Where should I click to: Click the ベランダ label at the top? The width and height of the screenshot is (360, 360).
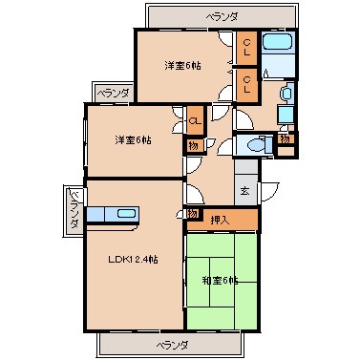coord(223,17)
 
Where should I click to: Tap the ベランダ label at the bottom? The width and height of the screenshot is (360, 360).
coord(174,344)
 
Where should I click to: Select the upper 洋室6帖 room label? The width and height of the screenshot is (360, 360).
coord(181,65)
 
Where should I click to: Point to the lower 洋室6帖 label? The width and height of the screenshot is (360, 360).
coord(133,140)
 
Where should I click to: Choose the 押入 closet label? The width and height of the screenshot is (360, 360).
coord(220,221)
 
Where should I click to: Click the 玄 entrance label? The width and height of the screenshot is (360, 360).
coord(244,190)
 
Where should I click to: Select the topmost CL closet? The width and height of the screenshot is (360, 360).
coord(246,46)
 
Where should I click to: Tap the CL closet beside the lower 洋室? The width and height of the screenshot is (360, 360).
coord(193,120)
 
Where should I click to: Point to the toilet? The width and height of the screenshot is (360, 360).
coord(255,145)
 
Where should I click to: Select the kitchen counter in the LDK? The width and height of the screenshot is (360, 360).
coord(113,214)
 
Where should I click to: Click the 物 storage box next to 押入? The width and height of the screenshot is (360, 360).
coord(192,214)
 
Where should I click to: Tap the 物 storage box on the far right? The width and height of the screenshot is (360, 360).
coord(284,140)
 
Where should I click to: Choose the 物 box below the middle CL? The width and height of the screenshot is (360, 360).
coord(193,145)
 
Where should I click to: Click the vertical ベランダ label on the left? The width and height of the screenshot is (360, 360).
coord(73,209)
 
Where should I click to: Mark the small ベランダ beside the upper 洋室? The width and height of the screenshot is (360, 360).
coord(113,93)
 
